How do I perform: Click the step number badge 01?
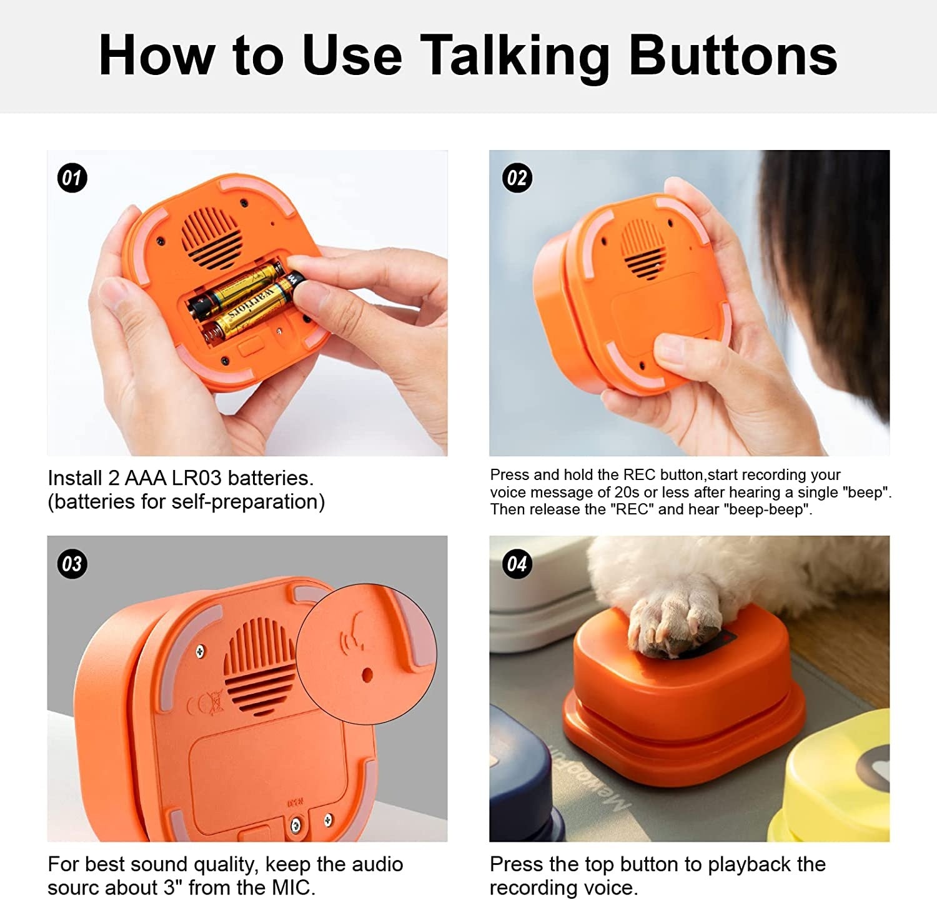[x=72, y=178]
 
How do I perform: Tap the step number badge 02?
[x=517, y=178]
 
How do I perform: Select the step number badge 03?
[x=72, y=564]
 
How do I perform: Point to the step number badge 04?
[x=517, y=564]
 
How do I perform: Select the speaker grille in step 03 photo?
[x=259, y=666]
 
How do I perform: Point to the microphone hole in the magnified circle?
[x=367, y=675]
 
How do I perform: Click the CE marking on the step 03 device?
[x=206, y=704]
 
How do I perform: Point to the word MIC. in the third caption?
[x=293, y=887]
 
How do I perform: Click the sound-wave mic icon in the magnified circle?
[x=353, y=631]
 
